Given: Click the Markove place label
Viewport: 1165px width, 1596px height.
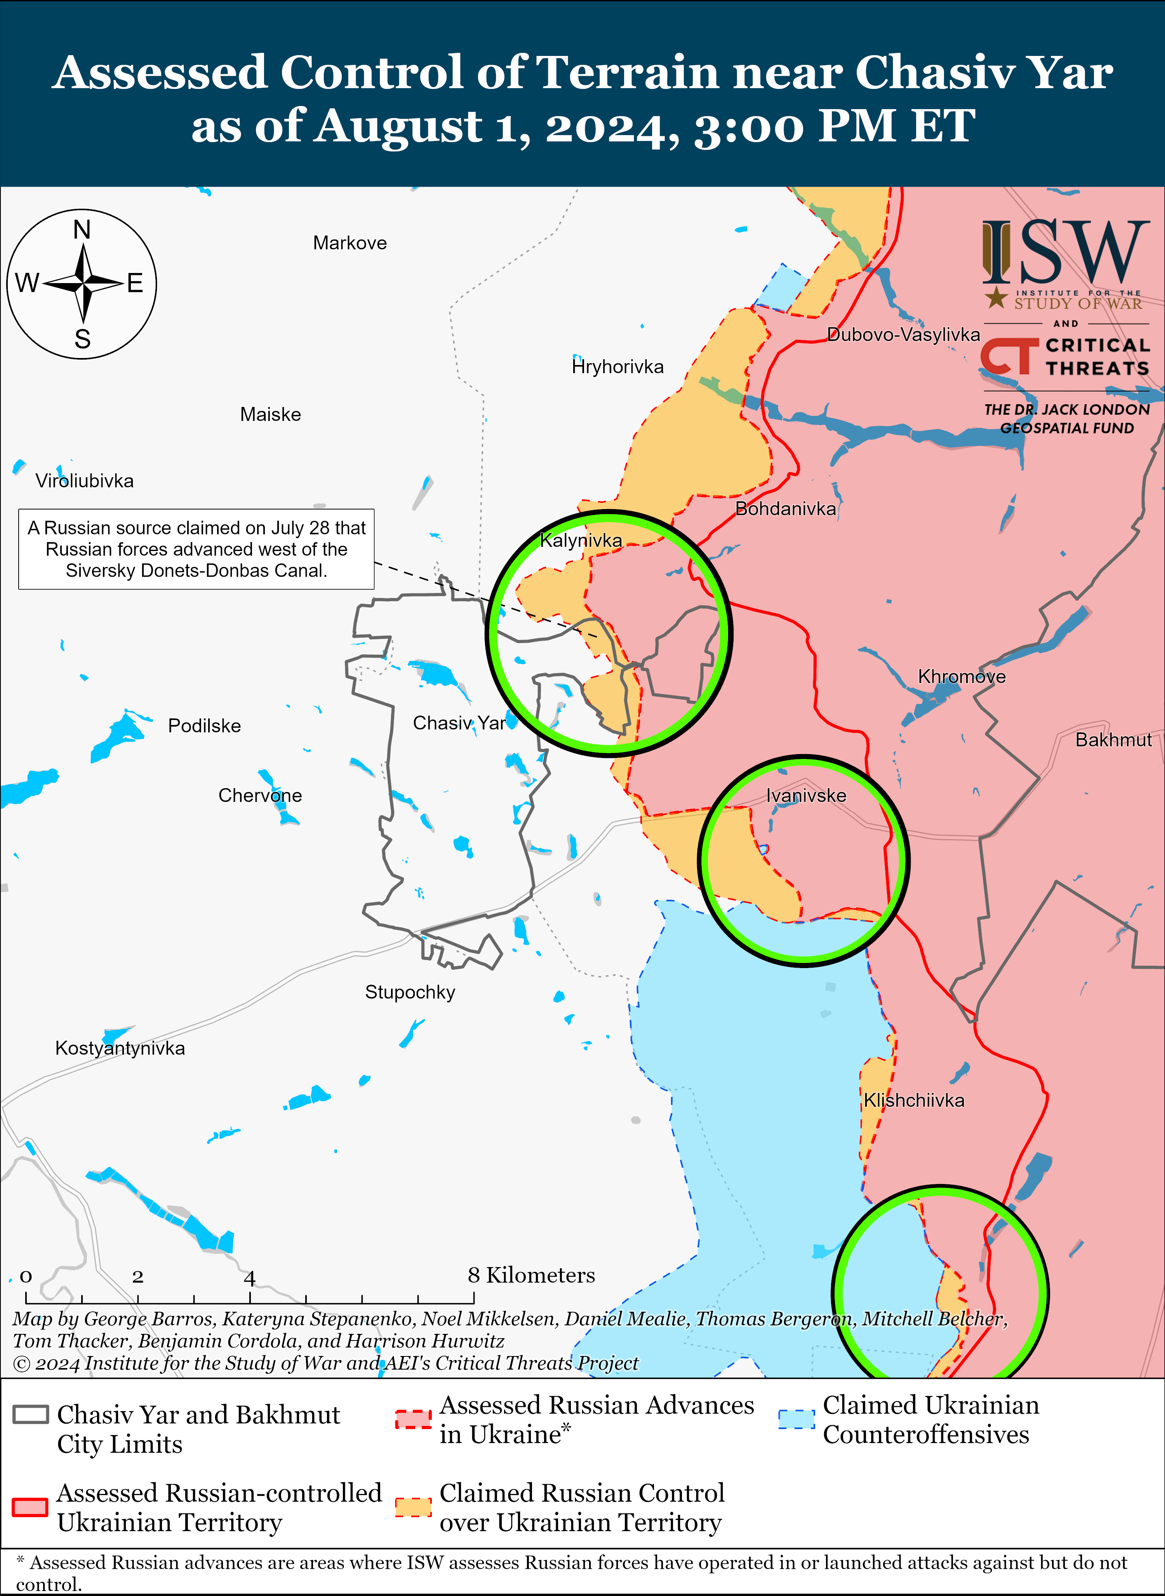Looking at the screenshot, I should pos(350,243).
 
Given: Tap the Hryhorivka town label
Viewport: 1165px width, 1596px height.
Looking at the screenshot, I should pos(618,367).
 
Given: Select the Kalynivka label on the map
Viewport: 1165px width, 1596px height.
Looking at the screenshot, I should pos(581,541).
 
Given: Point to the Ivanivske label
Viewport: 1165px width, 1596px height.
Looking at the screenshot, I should pos(806,796).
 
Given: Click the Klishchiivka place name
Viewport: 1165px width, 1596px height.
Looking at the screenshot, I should pos(914,1100).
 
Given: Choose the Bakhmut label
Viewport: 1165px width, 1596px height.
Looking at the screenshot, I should pos(1113,740).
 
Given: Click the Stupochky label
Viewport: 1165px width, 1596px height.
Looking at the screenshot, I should pos(410,992).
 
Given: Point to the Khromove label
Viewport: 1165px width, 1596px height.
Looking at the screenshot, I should pos(961,677).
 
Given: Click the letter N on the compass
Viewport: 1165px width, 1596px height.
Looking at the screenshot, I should pos(82,230).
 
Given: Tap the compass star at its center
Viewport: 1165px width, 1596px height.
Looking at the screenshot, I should pos(83,283).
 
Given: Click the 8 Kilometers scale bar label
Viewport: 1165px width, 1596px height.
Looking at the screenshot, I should pos(531,1275).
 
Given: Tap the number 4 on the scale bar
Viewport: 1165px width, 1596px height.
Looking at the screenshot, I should pos(250,1277).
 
